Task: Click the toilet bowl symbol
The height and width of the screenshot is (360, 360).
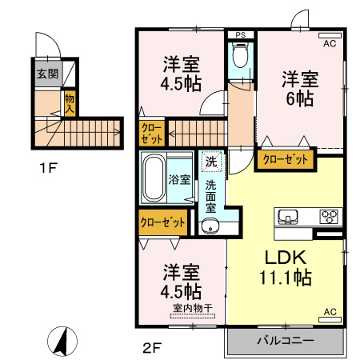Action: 241,54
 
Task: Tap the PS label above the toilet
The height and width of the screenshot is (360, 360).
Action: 241,35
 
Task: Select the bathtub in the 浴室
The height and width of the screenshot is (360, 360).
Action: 153,178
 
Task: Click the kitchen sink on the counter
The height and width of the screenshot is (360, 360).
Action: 288,216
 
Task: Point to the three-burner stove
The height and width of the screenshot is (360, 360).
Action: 329,216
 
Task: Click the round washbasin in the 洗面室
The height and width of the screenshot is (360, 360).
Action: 210,226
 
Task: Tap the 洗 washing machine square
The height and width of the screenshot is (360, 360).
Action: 211,161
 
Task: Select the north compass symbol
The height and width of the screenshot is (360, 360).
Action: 62,341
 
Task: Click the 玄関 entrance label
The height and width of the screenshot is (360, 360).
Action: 47,74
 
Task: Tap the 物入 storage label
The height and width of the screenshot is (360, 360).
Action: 70,103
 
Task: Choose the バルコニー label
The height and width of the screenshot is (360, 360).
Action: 285,341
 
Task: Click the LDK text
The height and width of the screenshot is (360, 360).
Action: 285,258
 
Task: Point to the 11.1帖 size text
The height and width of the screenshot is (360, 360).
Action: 286,278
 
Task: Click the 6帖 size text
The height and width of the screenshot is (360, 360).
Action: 300,98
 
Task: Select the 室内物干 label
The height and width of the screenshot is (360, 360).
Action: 193,308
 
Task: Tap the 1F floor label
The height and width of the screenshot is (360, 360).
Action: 49,168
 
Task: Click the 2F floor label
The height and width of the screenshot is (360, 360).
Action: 152,348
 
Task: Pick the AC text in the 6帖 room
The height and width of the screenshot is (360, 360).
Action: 330,43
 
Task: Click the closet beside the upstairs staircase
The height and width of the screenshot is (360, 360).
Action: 152,134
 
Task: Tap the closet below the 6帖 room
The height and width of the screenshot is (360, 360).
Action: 285,160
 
